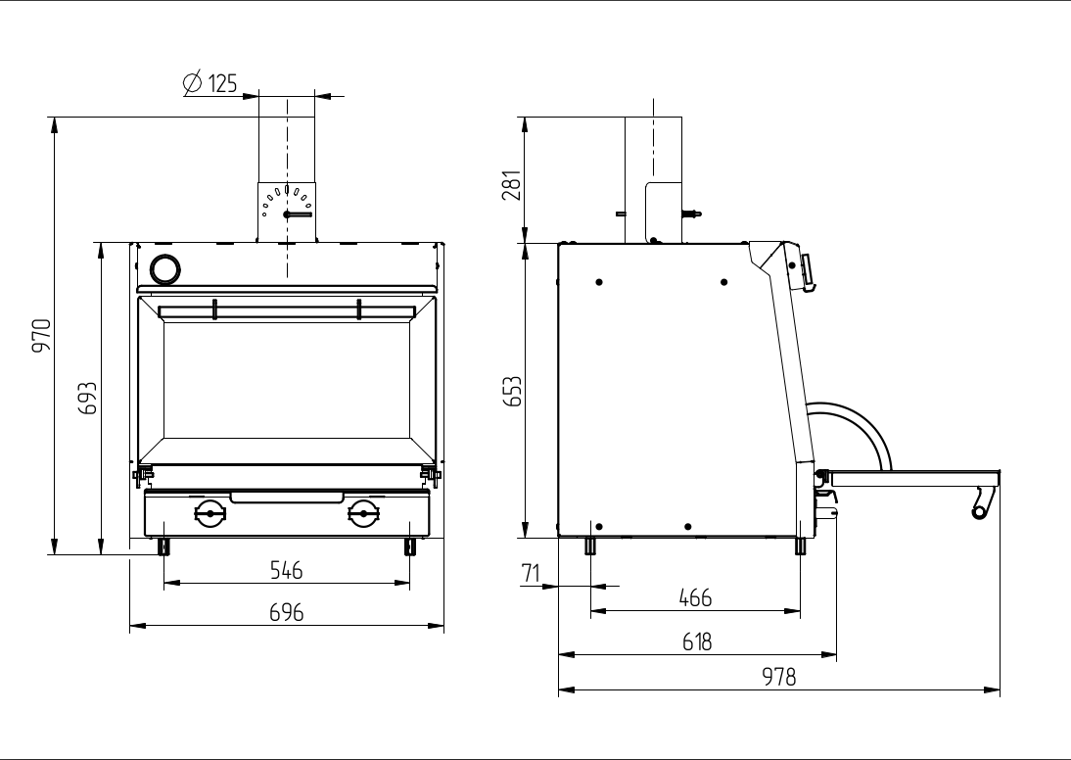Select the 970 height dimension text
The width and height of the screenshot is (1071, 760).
click(42, 336)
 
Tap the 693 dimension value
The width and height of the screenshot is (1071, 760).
click(87, 399)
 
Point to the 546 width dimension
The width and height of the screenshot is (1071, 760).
click(286, 569)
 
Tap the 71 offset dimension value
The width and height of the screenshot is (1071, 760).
click(532, 574)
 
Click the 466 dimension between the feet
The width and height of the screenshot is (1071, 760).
click(695, 597)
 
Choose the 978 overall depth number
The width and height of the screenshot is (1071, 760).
click(779, 677)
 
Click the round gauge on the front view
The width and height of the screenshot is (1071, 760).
click(164, 267)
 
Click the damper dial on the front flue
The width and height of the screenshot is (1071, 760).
click(287, 206)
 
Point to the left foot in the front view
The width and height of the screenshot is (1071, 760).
click(163, 546)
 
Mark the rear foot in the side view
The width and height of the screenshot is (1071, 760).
click(590, 546)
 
